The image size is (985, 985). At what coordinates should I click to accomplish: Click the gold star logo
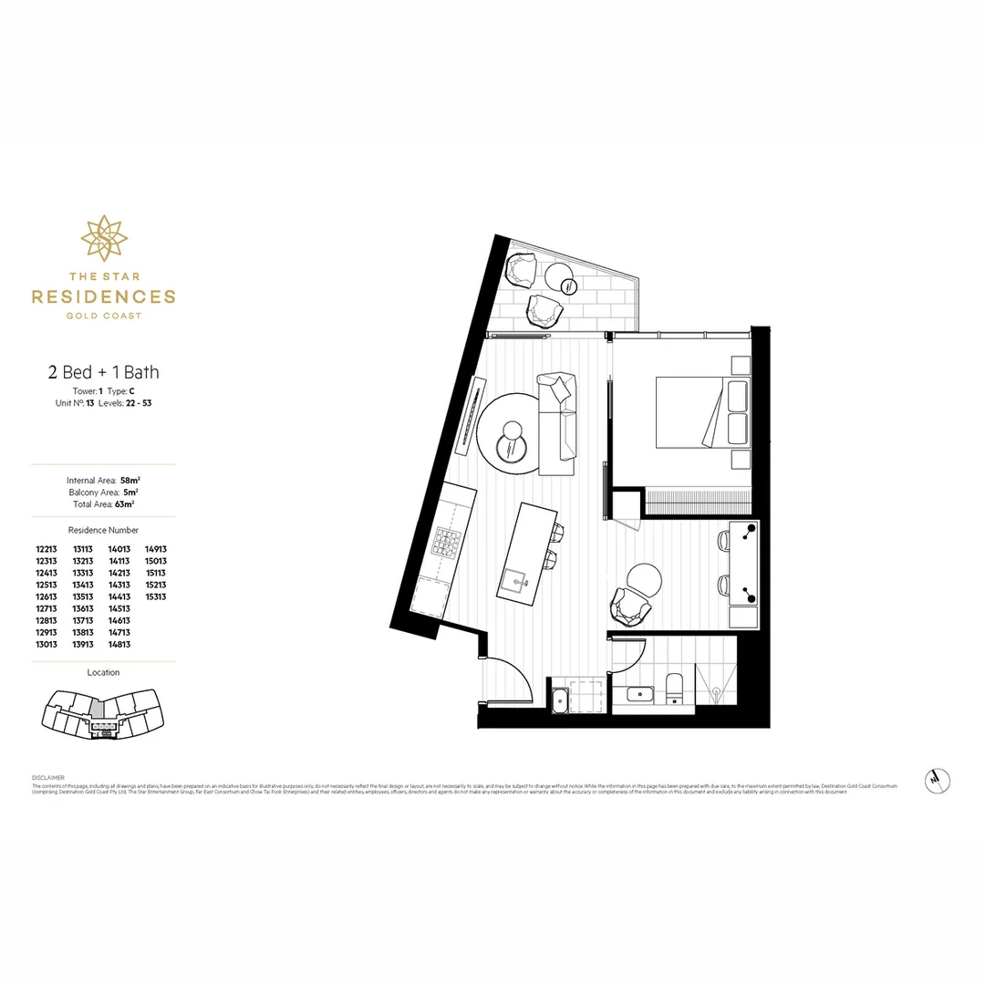point(103,237)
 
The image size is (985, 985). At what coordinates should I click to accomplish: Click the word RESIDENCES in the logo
point(103,296)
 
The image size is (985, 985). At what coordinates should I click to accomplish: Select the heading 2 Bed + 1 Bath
point(103,371)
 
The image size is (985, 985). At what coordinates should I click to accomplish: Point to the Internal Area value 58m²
point(131,480)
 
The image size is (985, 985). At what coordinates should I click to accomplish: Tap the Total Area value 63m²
point(124,503)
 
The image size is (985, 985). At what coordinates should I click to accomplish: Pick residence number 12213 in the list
point(47,549)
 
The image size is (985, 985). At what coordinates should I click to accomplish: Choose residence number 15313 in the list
point(155,596)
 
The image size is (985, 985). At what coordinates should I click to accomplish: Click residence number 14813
point(119,644)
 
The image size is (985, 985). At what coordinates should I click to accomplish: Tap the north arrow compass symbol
point(936,779)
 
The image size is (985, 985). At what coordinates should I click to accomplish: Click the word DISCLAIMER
point(47,778)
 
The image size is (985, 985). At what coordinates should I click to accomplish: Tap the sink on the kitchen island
point(515,577)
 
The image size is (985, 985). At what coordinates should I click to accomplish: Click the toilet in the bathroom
point(674,689)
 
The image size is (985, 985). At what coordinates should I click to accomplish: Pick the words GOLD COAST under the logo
point(103,316)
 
